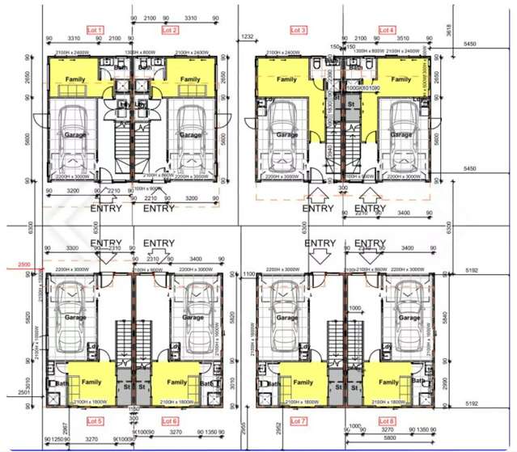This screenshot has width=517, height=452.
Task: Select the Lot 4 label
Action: tap(387, 30)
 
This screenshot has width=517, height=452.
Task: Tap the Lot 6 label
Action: tap(170, 421)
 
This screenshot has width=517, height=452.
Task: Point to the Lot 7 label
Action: tap(298, 421)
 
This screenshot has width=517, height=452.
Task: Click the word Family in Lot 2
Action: tap(190, 79)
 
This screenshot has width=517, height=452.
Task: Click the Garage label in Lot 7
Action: tap(287, 318)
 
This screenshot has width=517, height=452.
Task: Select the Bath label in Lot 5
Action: tap(61, 383)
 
